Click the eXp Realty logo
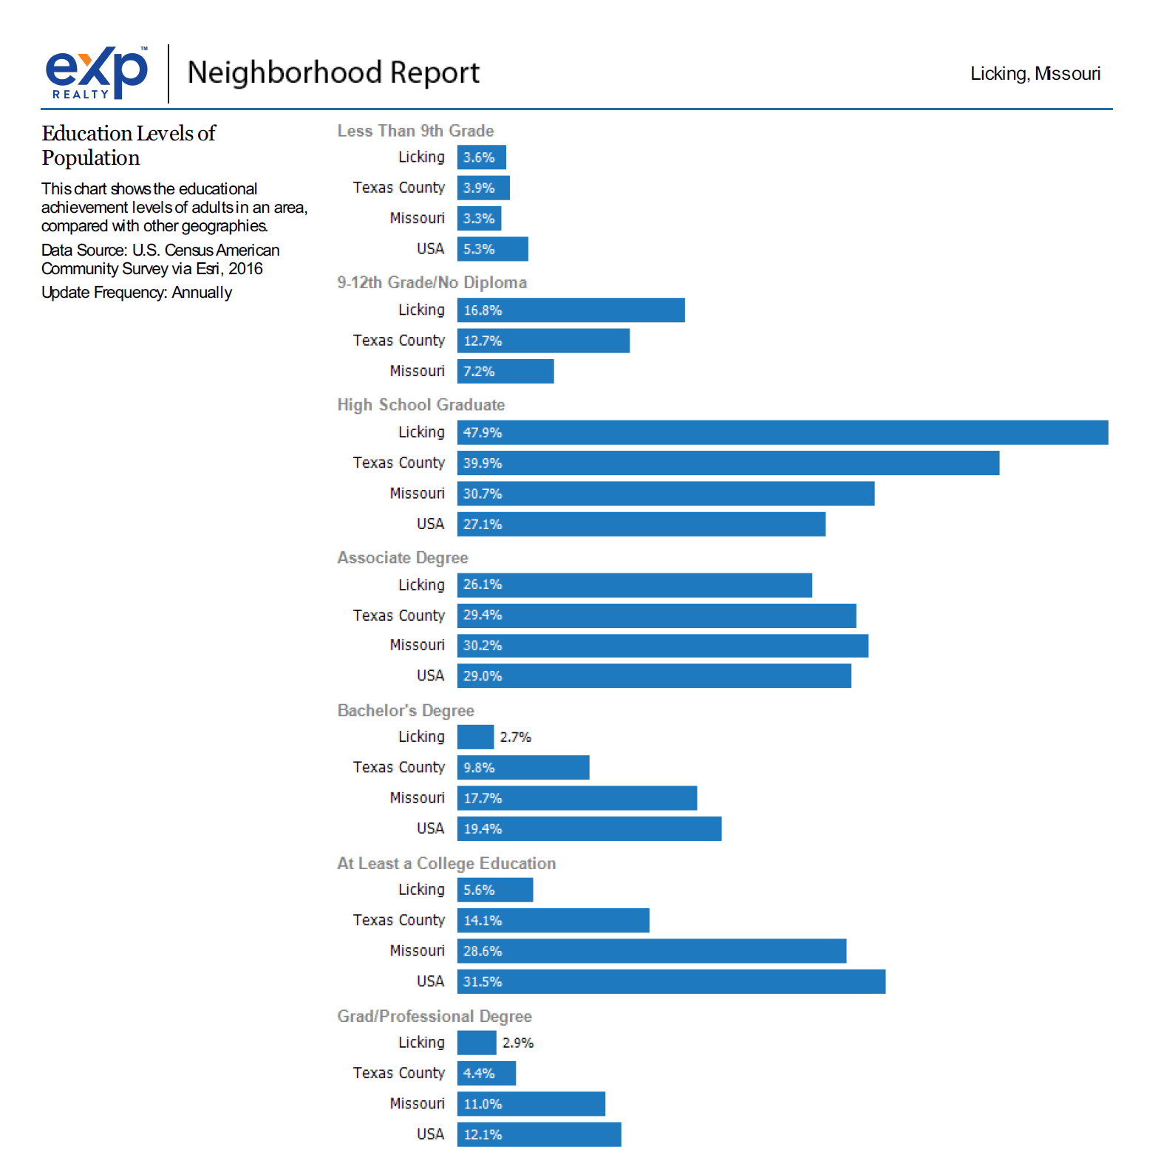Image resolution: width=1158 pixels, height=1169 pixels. pos(97,72)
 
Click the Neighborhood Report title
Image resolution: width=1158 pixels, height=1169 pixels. pos(333,72)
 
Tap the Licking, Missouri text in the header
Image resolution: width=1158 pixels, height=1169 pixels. pos(1035,74)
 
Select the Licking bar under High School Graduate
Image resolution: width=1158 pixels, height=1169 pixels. pos(782,432)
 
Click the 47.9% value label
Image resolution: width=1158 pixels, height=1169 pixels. pos(483,433)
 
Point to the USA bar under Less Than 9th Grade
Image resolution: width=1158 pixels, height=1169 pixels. pos(492,249)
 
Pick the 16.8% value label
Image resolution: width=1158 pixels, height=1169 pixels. pos(483,310)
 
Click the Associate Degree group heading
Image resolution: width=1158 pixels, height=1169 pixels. pos(403,558)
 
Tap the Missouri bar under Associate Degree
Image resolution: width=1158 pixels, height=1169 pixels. pos(662,646)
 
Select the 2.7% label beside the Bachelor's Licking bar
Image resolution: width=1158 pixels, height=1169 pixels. pos(515,737)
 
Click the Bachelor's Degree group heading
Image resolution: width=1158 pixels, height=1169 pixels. pos(406,711)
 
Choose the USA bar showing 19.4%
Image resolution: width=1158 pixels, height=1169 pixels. pos(589,829)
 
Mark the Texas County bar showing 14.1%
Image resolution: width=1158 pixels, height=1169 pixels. pos(553,921)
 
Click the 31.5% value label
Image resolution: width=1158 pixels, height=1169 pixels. pos(483,982)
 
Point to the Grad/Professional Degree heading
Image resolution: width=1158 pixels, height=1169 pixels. pos(435,1017)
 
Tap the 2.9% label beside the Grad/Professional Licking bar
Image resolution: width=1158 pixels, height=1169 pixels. pos(518,1043)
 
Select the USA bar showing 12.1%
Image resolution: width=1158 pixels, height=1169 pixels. pos(539,1135)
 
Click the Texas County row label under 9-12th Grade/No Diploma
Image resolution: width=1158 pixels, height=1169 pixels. pos(399,341)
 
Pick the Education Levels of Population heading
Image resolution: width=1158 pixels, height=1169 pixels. pos(129,146)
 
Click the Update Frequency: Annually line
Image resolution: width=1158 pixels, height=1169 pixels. pos(137,293)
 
